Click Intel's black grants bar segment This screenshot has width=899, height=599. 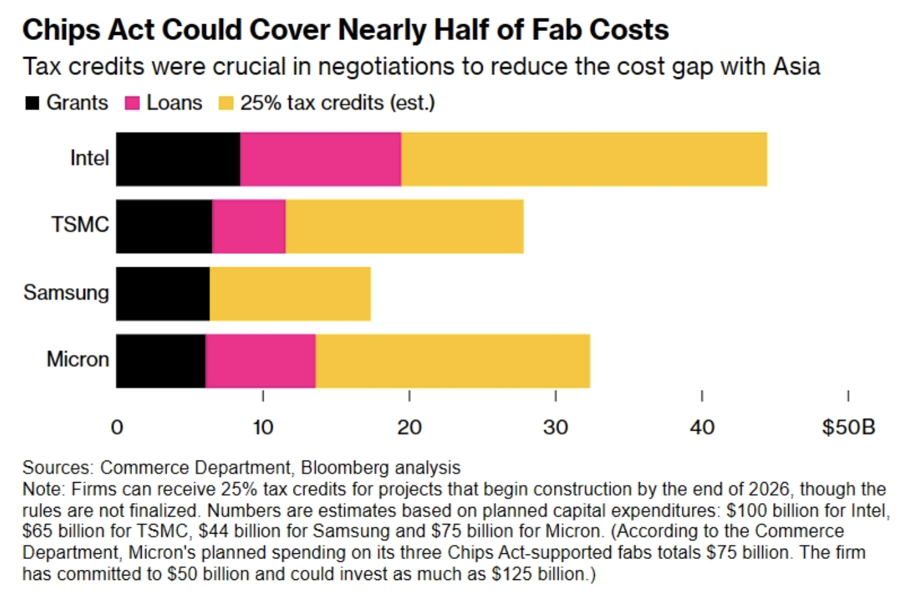pos(178,159)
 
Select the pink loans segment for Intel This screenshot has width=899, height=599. pos(320,159)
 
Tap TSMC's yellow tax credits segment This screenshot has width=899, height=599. pos(404,227)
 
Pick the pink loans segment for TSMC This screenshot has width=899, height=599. pos(248,227)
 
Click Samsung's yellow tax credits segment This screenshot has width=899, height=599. pos(290,294)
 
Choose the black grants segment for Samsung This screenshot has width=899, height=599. pos(163,294)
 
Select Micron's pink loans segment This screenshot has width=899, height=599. pos(260,361)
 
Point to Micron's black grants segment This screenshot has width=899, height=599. pos(161,361)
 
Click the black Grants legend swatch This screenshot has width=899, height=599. pos(32,103)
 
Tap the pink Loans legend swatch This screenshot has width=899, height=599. pos(132,103)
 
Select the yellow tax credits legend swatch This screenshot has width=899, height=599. pos(226,103)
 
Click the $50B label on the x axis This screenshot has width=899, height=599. pos(848,427)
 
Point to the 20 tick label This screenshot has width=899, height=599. pos(409,427)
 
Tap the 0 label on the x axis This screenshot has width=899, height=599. pos(117,427)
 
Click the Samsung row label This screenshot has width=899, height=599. pos(66,292)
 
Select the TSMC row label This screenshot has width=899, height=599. pos(80,224)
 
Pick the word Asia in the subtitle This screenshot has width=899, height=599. pos(796,66)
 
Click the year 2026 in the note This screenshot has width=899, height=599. pos(769,489)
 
